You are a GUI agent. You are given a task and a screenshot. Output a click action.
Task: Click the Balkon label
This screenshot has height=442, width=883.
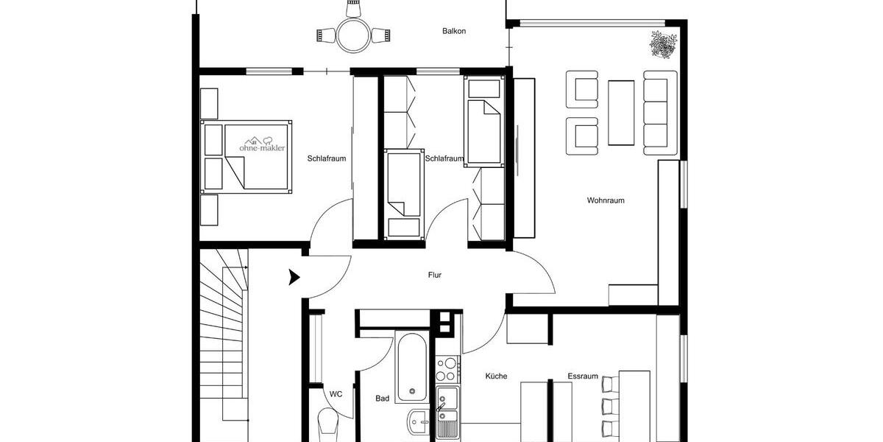tap(454, 31)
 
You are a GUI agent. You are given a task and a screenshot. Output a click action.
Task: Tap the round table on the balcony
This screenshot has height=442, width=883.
tap(352, 35)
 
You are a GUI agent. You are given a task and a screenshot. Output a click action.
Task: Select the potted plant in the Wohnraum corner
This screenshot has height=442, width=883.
tap(662, 44)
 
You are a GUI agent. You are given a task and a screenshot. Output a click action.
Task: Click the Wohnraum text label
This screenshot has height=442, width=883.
tap(606, 200)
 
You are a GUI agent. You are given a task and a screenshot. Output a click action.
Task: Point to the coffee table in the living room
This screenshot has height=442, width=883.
tap(621, 112)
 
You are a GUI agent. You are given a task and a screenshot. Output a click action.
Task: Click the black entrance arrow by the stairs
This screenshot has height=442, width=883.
tap(294, 278)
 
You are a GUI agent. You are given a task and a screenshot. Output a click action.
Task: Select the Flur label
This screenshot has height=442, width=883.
tap(435, 275)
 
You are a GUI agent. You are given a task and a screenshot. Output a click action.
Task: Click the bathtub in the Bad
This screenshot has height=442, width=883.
tap(411, 367)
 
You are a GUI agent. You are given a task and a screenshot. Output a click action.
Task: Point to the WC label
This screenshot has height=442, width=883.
tap(336, 394)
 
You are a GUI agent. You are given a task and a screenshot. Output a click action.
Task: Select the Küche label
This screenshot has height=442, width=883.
tap(496, 376)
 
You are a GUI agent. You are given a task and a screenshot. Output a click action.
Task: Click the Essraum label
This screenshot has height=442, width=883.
tap(580, 376)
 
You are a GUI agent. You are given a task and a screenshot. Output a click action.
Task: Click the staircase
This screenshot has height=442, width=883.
tap(223, 346)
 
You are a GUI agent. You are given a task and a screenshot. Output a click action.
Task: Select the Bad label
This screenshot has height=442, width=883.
tap(382, 399)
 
